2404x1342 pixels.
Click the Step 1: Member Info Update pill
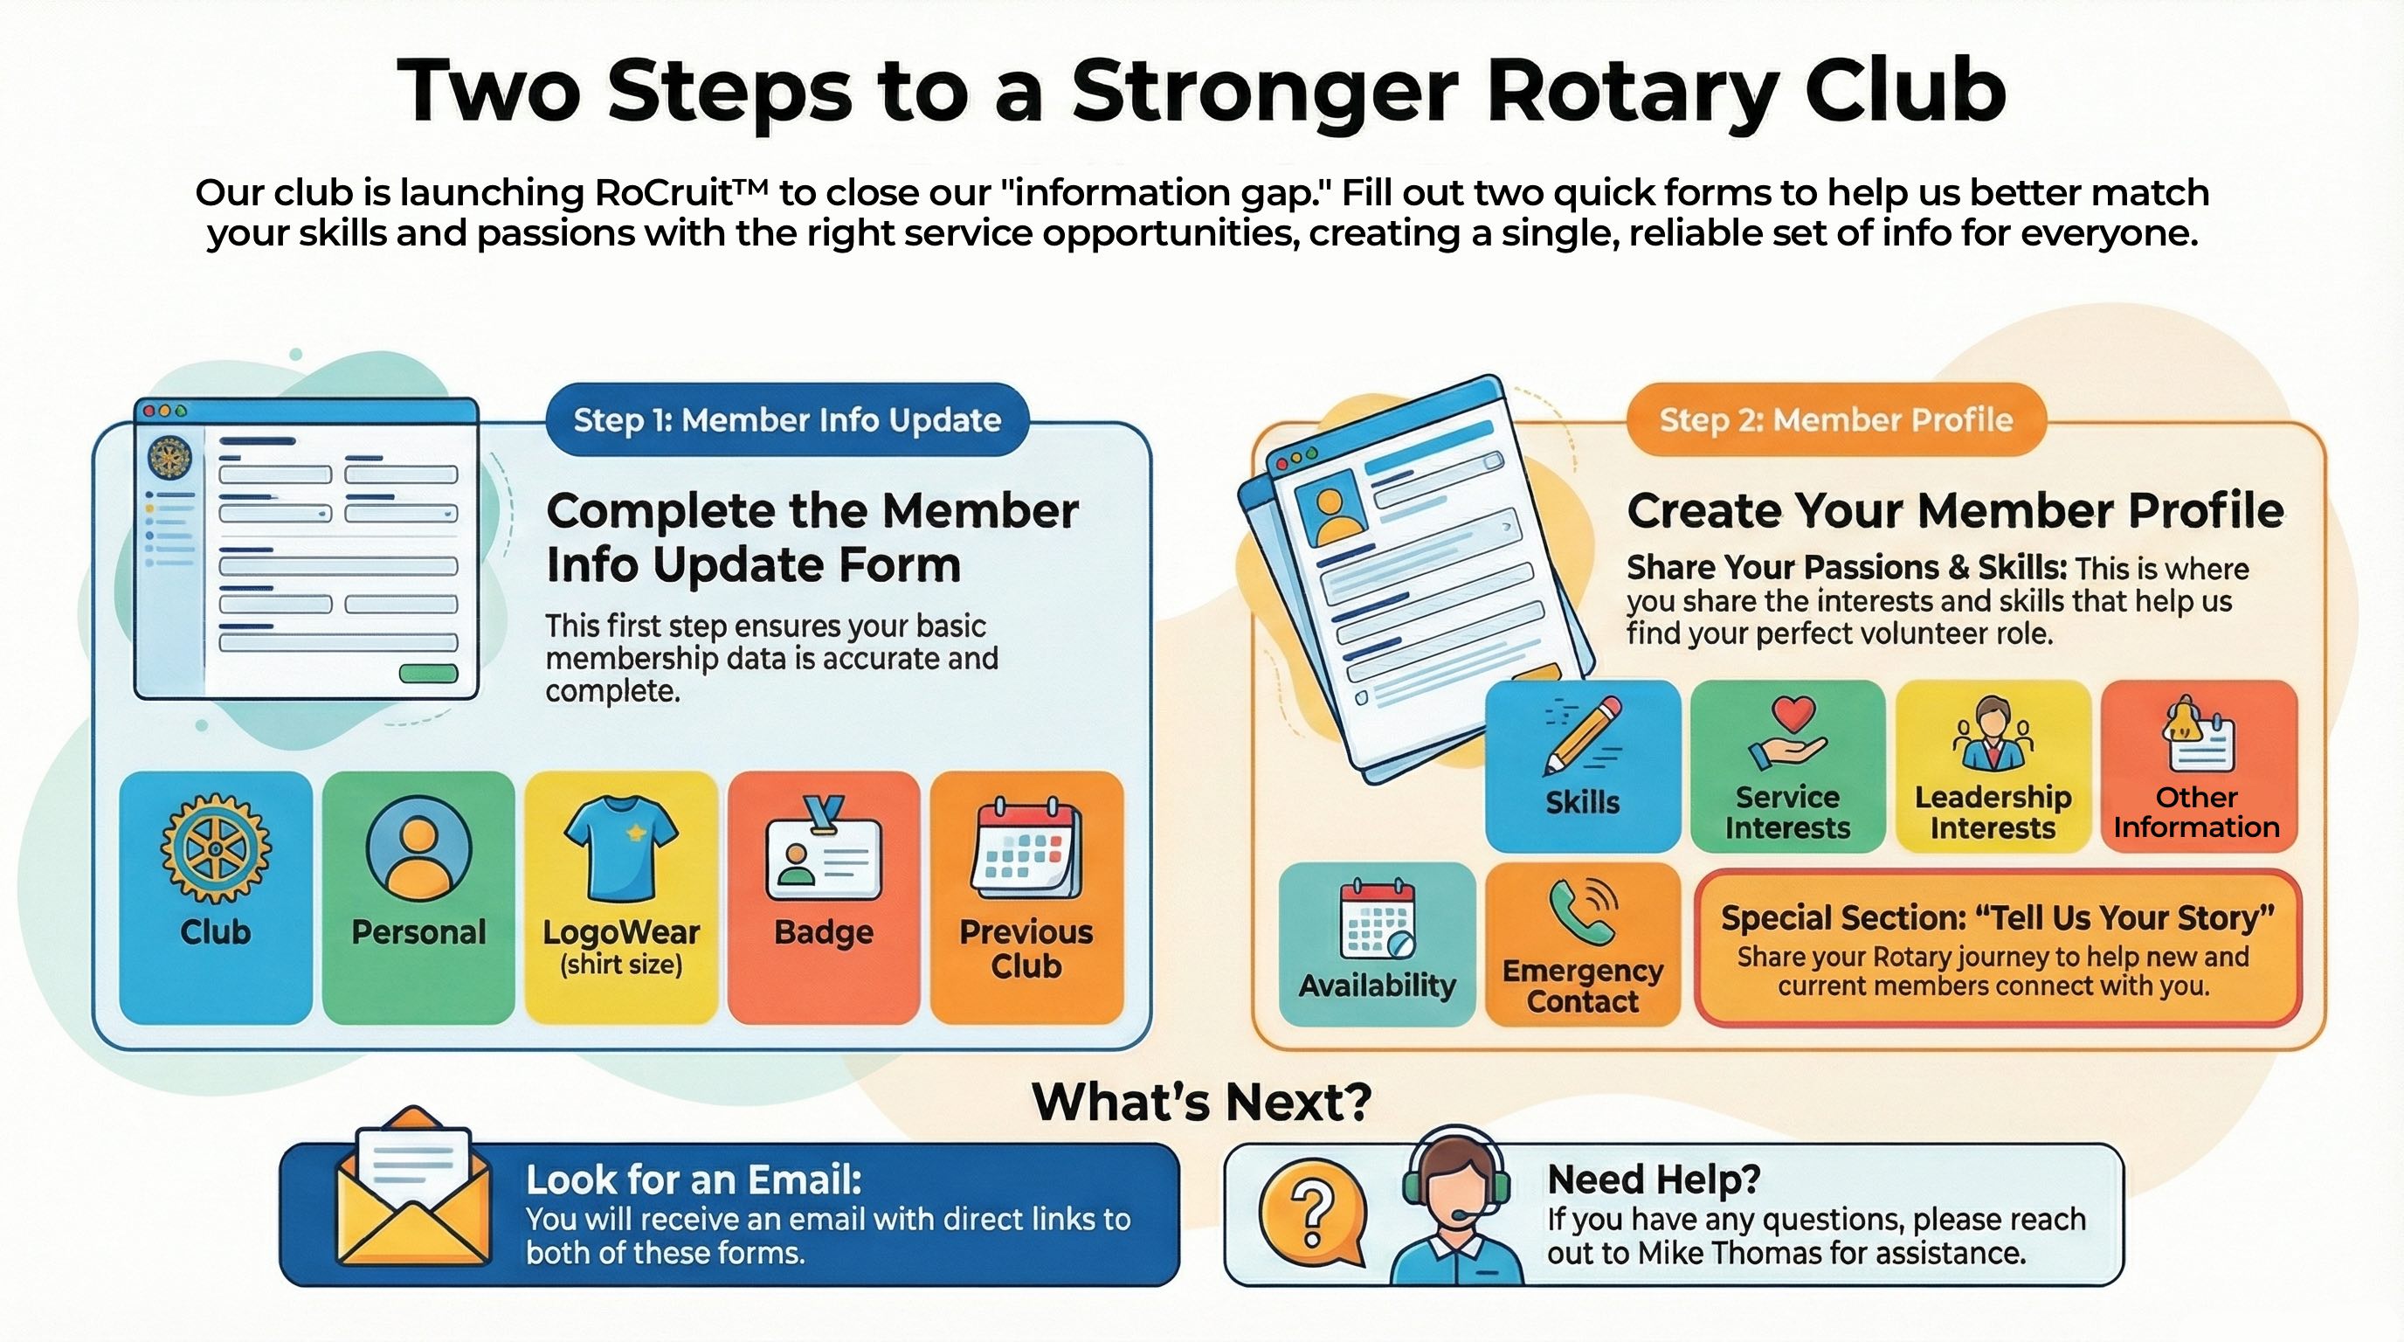787,420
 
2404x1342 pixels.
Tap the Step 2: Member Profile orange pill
1834,420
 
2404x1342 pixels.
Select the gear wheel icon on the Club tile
216,848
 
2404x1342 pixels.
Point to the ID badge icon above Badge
823,849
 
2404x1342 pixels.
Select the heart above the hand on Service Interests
1793,714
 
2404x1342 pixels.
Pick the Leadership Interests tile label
1993,812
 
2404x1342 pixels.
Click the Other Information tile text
2196,812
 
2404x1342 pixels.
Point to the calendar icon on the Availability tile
1378,919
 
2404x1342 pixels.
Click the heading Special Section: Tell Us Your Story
1997,918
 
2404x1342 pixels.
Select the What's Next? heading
1201,1101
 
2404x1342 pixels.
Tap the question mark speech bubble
1312,1214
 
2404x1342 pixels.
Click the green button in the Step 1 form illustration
427,674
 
